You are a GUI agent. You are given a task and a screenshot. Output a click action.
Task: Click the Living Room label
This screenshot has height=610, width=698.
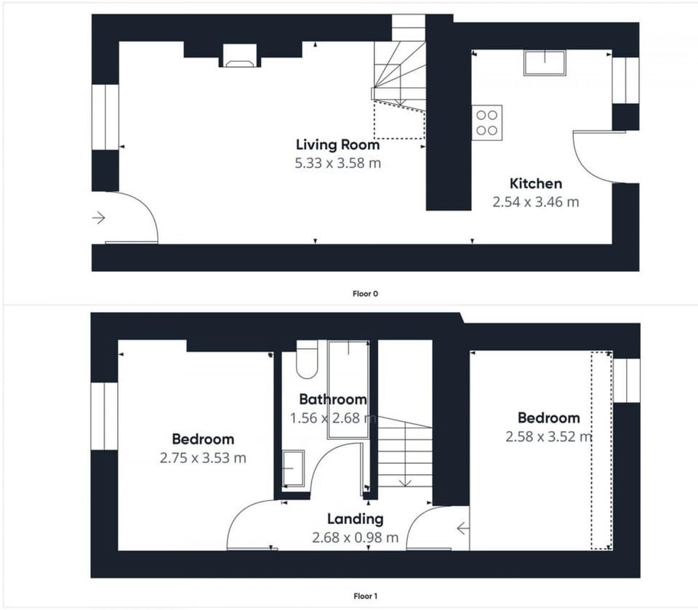tap(337, 144)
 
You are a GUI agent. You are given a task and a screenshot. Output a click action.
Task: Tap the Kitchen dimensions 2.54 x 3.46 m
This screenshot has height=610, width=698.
tap(536, 202)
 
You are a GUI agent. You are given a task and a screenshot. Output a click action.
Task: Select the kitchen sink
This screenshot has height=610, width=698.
tap(545, 63)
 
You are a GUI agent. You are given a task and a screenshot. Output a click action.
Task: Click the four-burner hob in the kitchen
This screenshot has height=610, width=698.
tap(487, 122)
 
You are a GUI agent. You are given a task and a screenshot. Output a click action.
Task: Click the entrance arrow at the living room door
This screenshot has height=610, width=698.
tap(100, 217)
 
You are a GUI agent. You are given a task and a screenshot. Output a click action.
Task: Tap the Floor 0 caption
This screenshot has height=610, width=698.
tap(365, 294)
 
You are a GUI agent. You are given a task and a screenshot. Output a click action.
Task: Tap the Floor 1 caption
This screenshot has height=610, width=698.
tap(365, 596)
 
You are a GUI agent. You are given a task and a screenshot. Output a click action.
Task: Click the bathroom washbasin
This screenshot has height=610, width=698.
tap(293, 468)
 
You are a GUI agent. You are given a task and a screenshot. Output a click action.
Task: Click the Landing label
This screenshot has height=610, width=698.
tap(355, 519)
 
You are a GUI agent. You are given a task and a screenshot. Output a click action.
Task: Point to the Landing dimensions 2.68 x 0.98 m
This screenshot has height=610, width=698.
tap(355, 538)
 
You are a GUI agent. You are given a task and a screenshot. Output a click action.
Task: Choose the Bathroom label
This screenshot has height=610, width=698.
tap(332, 399)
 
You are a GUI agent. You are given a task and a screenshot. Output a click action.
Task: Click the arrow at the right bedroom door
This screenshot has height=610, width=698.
tap(462, 529)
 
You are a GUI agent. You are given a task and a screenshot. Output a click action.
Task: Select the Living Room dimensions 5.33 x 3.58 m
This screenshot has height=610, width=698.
tap(337, 163)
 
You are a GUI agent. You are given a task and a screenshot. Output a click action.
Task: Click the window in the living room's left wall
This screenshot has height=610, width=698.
tap(105, 117)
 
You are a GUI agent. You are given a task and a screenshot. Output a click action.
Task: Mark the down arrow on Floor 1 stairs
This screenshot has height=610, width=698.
tap(405, 481)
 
